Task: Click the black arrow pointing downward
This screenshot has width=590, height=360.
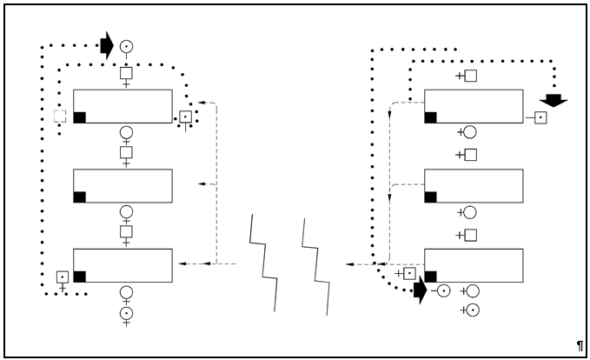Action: point(554,100)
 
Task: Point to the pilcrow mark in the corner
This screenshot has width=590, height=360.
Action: point(580,346)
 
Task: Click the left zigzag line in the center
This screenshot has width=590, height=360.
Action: point(264,261)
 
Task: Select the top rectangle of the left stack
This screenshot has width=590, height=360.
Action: point(123,106)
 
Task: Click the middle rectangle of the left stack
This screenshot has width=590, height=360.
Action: point(123,186)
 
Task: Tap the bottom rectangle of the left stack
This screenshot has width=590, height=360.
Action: point(123,265)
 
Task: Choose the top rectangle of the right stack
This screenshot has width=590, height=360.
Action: point(474,106)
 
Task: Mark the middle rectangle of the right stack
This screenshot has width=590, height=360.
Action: point(474,186)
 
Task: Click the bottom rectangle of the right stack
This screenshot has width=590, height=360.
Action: point(474,265)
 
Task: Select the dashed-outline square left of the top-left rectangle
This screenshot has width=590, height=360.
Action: point(60,116)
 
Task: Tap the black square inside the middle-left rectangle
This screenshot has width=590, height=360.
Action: point(80,197)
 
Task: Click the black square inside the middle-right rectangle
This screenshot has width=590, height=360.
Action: point(430,197)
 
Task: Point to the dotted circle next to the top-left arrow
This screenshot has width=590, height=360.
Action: point(126,46)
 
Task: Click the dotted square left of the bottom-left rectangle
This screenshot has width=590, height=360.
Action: point(63,277)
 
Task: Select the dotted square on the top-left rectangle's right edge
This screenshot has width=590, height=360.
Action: point(185,117)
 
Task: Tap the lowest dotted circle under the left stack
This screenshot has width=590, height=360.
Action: point(126,312)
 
